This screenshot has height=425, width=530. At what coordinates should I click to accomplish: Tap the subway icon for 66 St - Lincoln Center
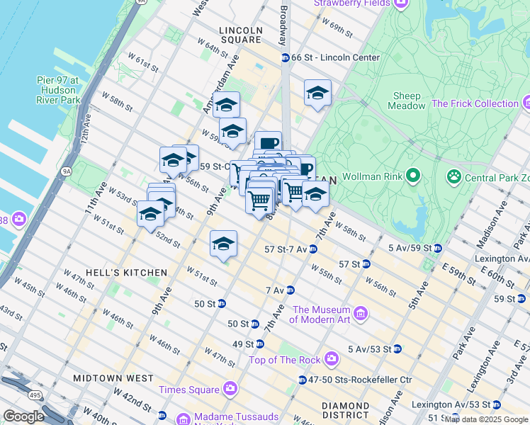285,57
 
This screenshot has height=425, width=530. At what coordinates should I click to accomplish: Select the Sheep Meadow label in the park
407,101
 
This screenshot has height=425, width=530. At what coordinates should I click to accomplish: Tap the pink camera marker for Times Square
230,389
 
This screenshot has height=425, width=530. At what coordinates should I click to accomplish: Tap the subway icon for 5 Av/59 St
438,249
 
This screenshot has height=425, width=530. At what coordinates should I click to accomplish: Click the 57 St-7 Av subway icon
313,249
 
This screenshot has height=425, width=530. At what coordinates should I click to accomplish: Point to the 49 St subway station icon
260,344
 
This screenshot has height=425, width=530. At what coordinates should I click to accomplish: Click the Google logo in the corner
23,416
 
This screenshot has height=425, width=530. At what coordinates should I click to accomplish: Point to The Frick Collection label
475,103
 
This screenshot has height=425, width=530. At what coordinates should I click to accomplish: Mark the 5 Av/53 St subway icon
397,349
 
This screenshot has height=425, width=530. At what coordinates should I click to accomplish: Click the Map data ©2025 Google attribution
486,419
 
